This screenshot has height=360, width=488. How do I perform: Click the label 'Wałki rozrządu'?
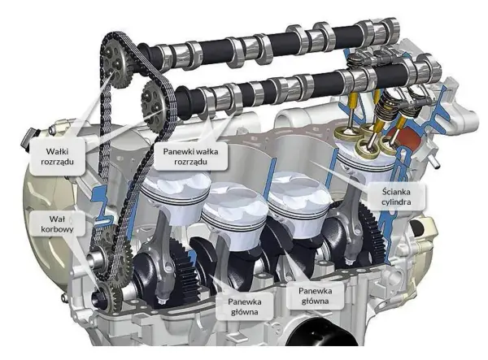coord(57,156)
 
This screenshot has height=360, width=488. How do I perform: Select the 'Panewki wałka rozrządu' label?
coord(190,156)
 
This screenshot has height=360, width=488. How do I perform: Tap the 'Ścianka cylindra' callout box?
coord(396,197)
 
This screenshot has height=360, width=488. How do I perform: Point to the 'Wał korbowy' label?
coord(57,223)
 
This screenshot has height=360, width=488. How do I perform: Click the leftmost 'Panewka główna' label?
coord(245,306)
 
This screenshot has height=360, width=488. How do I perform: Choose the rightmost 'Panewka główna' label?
coord(315,296)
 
